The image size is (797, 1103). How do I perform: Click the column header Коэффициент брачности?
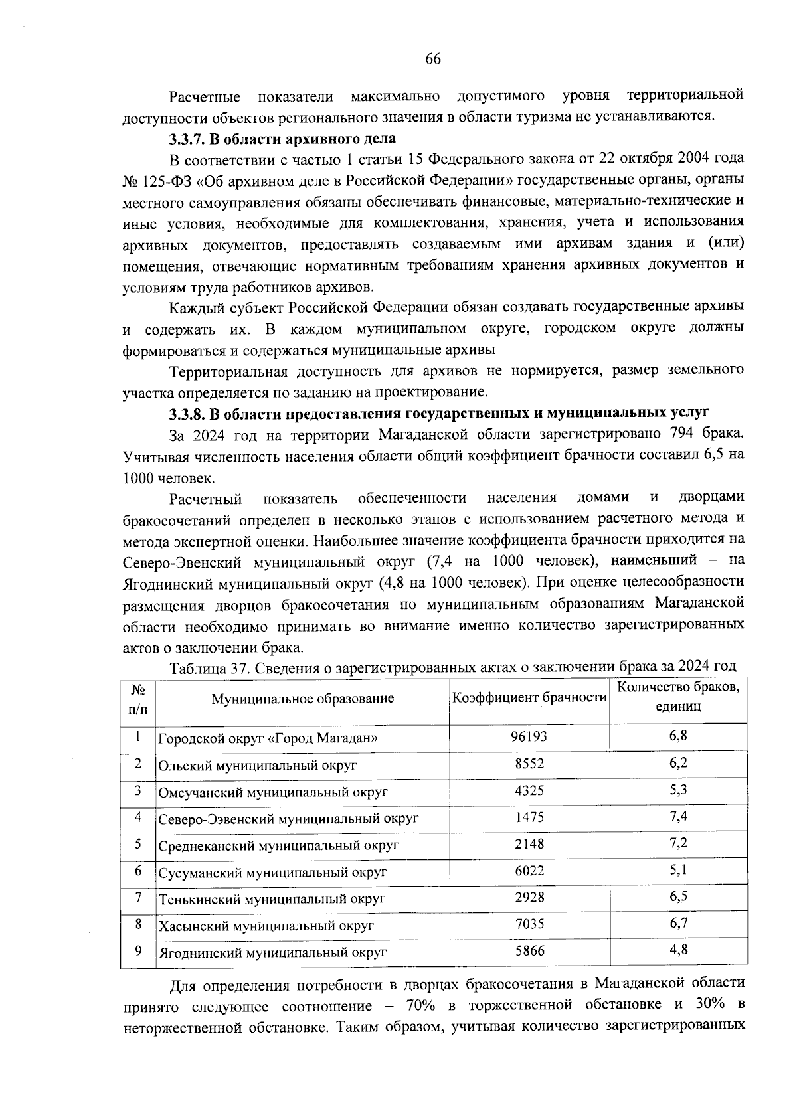pos(529,698)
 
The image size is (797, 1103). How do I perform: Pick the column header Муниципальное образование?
pos(302,699)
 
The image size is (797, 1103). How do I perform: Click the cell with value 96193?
pos(529,737)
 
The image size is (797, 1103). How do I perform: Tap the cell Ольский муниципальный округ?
pos(258,765)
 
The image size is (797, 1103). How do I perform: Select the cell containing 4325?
pos(529,791)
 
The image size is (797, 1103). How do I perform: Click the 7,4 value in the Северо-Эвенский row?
pos(678,816)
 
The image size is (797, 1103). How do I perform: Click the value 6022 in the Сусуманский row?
pos(529,871)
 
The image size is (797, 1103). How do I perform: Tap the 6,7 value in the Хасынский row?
pos(678,923)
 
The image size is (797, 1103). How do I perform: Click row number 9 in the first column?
pos(138,950)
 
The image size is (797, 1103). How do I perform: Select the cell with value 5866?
pos(529,951)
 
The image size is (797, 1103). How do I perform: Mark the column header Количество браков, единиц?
pos(678,697)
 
